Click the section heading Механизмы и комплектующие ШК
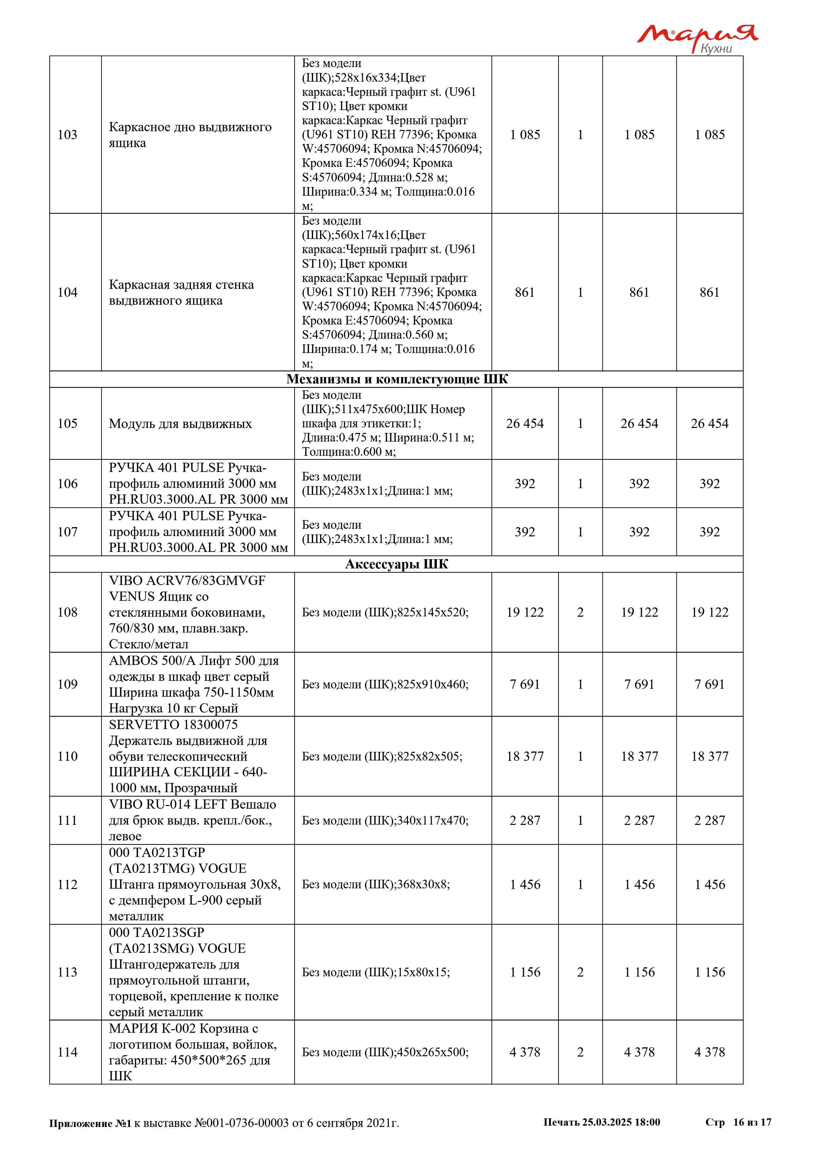397,379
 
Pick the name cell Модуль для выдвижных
180,424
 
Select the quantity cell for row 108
580,612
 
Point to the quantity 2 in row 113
580,972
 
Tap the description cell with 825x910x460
385,684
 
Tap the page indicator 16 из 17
752,1122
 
